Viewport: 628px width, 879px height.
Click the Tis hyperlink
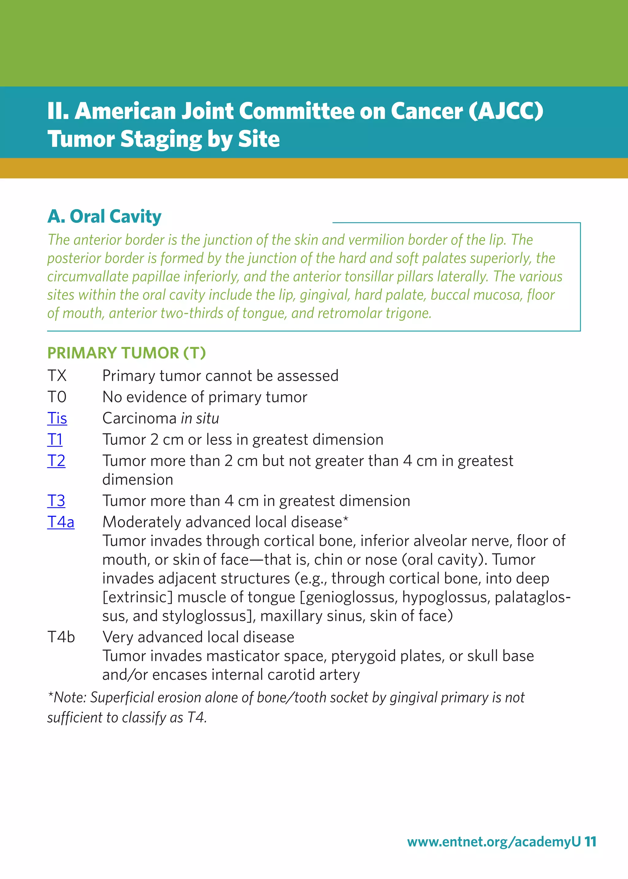click(57, 418)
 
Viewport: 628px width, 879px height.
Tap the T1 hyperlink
click(55, 440)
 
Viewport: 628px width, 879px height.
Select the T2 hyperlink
click(56, 461)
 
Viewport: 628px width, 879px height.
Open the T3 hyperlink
click(56, 501)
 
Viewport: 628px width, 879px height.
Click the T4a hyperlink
click(61, 522)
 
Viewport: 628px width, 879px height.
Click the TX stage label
click(57, 376)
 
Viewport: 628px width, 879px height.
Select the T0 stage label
click(57, 397)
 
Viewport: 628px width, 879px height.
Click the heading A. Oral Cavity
click(104, 216)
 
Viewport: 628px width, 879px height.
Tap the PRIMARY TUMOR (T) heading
click(126, 353)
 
